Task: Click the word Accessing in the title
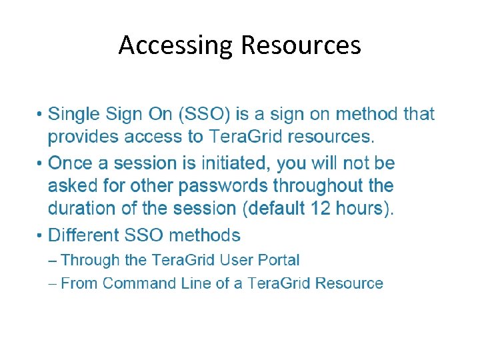point(176,45)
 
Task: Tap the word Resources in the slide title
point(301,45)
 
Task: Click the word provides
point(82,137)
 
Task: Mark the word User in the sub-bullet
point(231,261)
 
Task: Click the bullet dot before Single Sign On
point(41,115)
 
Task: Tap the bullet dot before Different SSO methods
point(41,235)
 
